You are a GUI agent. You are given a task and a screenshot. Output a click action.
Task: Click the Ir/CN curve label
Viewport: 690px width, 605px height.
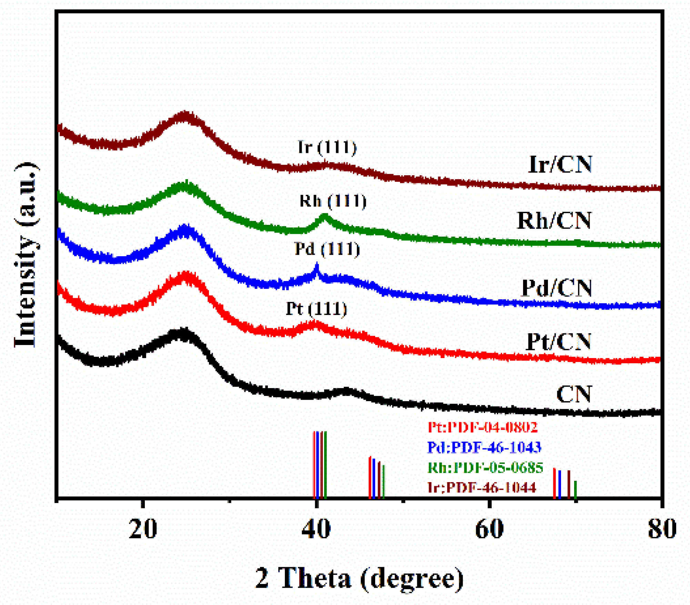tap(560, 164)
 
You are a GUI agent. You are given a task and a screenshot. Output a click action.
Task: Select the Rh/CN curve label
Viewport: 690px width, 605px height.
tap(554, 220)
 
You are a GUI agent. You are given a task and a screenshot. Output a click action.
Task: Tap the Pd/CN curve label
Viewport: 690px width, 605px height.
tap(557, 288)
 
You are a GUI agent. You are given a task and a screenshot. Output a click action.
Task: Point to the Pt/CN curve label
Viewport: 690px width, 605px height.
tap(559, 342)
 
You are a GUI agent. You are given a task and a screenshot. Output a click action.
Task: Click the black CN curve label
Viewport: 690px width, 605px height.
tap(574, 394)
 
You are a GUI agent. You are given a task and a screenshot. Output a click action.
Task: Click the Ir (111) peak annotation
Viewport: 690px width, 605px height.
tap(327, 147)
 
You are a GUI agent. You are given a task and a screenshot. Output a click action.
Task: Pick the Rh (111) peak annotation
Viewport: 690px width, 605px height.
tap(333, 201)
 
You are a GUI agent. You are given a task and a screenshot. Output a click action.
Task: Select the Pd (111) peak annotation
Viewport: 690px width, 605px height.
tap(327, 249)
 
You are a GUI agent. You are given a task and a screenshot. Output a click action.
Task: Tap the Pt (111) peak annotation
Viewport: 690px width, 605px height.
tap(316, 309)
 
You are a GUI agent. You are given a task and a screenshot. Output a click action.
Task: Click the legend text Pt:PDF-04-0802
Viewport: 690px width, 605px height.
tap(482, 427)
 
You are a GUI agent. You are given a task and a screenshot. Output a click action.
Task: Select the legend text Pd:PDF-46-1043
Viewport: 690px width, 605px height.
tap(484, 447)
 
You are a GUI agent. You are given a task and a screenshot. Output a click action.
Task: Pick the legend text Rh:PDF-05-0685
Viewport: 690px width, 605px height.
tap(485, 467)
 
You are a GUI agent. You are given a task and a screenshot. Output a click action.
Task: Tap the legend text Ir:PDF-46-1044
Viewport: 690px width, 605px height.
tap(482, 487)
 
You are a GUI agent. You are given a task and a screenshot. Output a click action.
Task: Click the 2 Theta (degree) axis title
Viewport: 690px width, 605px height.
tap(359, 578)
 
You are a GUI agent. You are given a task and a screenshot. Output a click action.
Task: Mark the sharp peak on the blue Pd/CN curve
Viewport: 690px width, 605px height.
tap(317, 266)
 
